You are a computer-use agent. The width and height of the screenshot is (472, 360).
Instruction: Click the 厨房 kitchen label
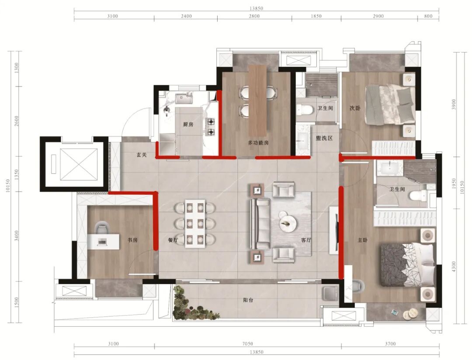pyautogui.click(x=188, y=125)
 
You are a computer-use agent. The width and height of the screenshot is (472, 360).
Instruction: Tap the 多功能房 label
pyautogui.click(x=258, y=143)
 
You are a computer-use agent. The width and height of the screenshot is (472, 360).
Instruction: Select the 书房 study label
pyautogui.click(x=132, y=240)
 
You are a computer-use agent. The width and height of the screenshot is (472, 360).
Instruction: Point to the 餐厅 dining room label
pyautogui.click(x=173, y=240)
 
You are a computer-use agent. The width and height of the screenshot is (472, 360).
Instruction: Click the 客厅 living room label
pyautogui.click(x=306, y=240)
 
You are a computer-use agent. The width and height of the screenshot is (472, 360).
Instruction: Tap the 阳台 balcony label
pyautogui.click(x=248, y=300)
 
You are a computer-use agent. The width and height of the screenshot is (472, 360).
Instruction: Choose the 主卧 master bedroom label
pyautogui.click(x=362, y=240)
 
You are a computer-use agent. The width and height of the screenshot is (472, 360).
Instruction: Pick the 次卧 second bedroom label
pyautogui.click(x=355, y=108)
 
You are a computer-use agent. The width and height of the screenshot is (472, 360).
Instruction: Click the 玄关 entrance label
pyautogui.click(x=142, y=155)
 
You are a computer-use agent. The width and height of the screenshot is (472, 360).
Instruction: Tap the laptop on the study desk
pyautogui.click(x=102, y=241)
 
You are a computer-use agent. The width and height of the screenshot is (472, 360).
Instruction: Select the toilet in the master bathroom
pyautogui.click(x=418, y=196)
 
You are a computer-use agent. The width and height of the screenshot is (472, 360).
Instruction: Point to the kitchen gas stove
pyautogui.click(x=211, y=126)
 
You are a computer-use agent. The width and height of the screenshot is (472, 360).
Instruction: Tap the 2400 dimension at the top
pyautogui.click(x=186, y=16)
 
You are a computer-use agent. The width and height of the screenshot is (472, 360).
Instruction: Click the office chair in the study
pyautogui.click(x=101, y=228)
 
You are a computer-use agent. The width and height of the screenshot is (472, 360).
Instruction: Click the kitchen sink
pyautogui.click(x=184, y=98)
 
